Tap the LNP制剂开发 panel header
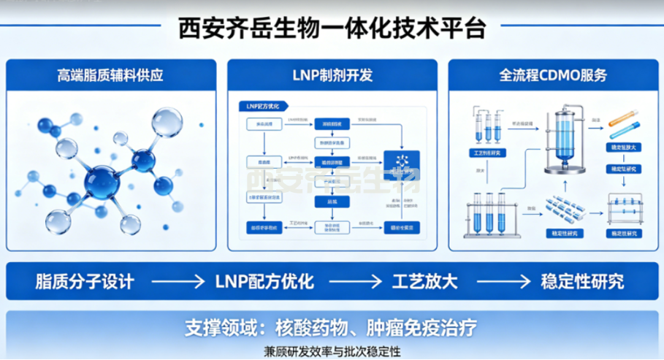tap(331, 74)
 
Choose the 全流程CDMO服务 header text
tap(553, 74)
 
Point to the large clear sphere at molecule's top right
tap(167, 120)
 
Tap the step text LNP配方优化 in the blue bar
tap(264, 281)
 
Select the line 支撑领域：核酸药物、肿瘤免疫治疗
tap(331, 326)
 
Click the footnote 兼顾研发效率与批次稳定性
tap(332, 351)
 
